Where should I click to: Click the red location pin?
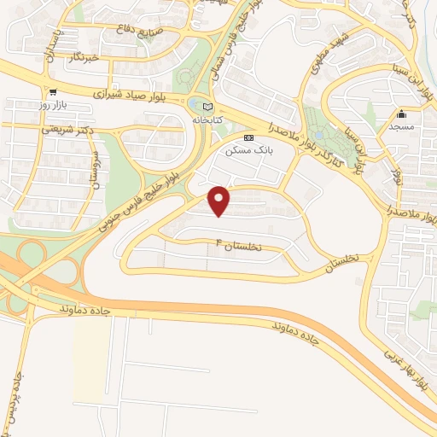pyautogui.click(x=220, y=201)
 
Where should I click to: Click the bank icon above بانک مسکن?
pyautogui.click(x=248, y=137)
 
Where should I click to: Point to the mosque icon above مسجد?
pyautogui.click(x=400, y=114)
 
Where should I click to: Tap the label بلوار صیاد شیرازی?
pyautogui.click(x=138, y=94)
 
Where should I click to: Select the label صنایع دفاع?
pyautogui.click(x=132, y=29)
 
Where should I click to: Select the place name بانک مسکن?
pyautogui.click(x=248, y=149)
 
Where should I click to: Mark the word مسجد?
pyautogui.click(x=400, y=125)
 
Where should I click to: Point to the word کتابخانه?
pyautogui.click(x=205, y=120)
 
